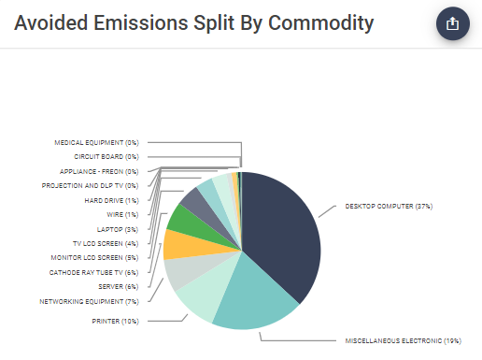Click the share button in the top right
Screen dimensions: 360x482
[x=452, y=24]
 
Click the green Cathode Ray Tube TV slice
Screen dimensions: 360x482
[x=182, y=220]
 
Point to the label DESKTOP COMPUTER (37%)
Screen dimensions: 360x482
[x=388, y=206]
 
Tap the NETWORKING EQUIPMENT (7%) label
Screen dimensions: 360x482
[x=89, y=302]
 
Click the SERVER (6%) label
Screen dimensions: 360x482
[x=118, y=286]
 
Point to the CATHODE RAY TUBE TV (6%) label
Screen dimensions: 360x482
[x=93, y=272]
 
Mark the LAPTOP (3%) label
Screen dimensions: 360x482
[x=118, y=228]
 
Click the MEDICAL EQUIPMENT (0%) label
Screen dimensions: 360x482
[x=96, y=142]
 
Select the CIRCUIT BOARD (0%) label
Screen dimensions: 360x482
[x=106, y=157]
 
